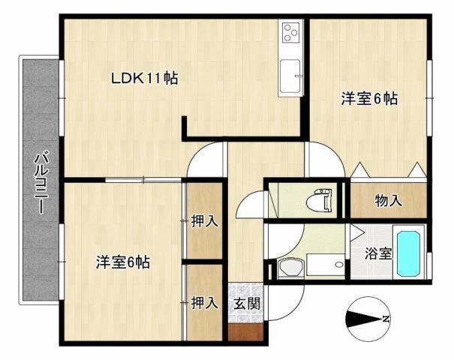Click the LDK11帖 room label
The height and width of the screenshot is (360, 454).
tap(145, 78)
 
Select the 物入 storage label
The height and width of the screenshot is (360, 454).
tap(388, 200)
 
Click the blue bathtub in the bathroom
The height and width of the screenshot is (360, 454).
tap(409, 253)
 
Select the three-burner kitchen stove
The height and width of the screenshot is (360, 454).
tap(290, 33)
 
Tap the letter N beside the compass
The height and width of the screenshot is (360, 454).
tap(386, 320)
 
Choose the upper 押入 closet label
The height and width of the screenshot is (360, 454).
tap(204, 221)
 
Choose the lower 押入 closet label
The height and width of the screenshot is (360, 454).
tap(204, 302)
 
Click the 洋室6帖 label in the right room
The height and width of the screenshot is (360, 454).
tap(369, 99)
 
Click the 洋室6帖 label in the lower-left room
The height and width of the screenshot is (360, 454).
tap(122, 262)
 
